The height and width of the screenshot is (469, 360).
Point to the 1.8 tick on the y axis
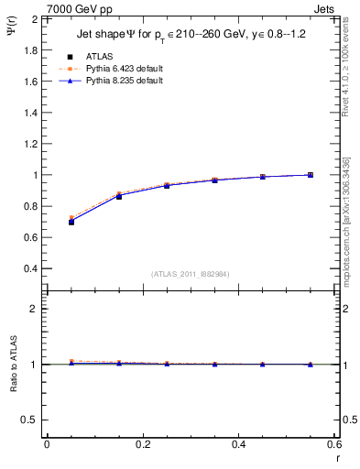(x=31, y=49)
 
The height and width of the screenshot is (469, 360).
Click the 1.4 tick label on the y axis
(x=31, y=112)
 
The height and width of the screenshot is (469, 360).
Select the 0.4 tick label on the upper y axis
(x=31, y=268)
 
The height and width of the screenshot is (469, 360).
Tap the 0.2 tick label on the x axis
(x=143, y=444)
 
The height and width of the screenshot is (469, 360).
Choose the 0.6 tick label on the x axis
(x=334, y=444)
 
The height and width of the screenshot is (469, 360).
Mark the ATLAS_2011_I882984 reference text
(x=191, y=274)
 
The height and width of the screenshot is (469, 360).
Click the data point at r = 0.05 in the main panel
(x=71, y=222)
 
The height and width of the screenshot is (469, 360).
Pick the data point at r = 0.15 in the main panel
(x=119, y=196)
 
